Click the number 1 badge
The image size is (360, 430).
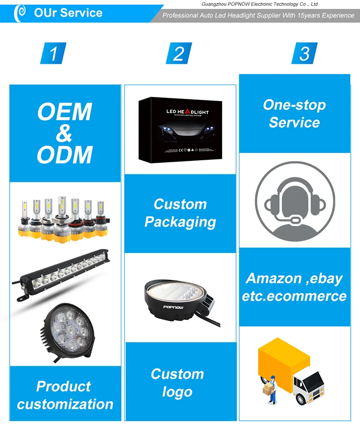click(54, 53)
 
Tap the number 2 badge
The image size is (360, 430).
click(179, 53)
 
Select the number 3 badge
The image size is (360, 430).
click(304, 53)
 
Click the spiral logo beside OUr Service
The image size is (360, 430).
click(20, 13)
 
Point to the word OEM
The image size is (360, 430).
click(64, 112)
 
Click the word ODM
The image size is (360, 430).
click(64, 155)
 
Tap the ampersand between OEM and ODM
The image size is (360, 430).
click(64, 133)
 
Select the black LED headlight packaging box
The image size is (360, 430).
click(180, 129)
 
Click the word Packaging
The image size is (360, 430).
click(180, 222)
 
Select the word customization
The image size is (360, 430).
click(65, 404)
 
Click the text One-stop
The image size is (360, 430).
click(294, 105)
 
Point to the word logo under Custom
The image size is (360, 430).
click(177, 392)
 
